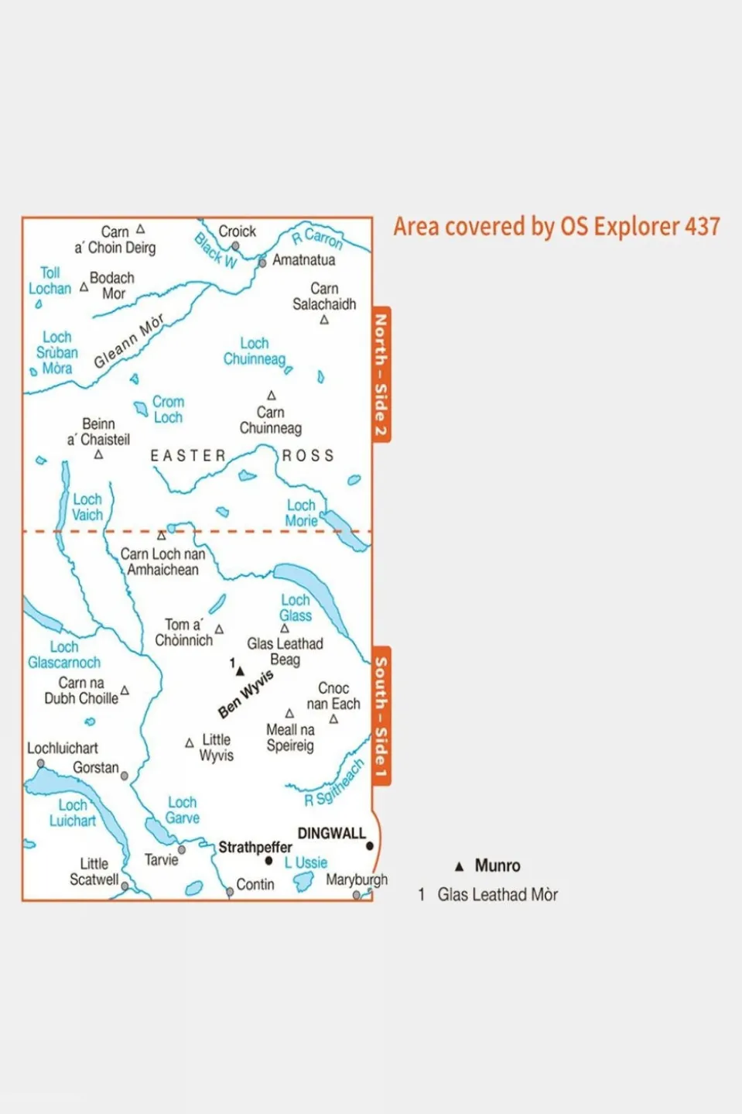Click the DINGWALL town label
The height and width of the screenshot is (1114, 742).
[331, 833]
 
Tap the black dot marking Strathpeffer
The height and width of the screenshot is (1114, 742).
[268, 861]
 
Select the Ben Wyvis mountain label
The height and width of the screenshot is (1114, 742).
[246, 694]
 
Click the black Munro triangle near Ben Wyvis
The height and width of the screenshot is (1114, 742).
[240, 671]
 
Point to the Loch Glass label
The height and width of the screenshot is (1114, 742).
[296, 608]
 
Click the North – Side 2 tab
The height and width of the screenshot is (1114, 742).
[381, 375]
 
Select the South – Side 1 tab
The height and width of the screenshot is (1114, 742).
[381, 716]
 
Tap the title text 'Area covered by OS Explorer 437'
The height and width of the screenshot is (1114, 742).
[556, 227]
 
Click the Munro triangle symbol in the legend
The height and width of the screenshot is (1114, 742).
[459, 866]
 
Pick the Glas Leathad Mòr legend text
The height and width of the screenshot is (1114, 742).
[498, 895]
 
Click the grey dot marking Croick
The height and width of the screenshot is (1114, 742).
[235, 246]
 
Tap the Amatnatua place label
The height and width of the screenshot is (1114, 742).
[303, 260]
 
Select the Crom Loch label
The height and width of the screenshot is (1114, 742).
[168, 410]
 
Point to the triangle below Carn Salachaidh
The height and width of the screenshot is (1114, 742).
[324, 320]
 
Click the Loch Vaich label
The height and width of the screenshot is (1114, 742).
[87, 507]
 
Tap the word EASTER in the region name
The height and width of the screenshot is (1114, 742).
[187, 456]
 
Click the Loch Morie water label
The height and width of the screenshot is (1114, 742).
[301, 513]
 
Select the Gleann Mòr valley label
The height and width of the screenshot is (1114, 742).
[129, 341]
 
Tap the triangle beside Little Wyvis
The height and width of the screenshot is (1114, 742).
[190, 743]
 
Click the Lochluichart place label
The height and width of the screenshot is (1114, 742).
[63, 748]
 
